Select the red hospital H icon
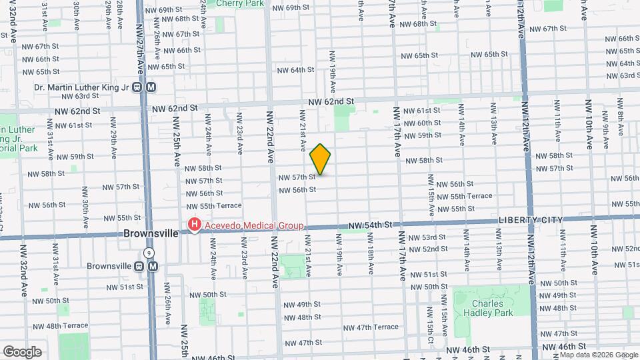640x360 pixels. coord(194,224)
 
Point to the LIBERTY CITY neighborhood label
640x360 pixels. coord(530,220)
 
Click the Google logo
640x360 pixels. coord(23,351)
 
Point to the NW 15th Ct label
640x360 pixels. coord(431,332)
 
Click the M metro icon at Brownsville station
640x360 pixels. coord(153,266)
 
